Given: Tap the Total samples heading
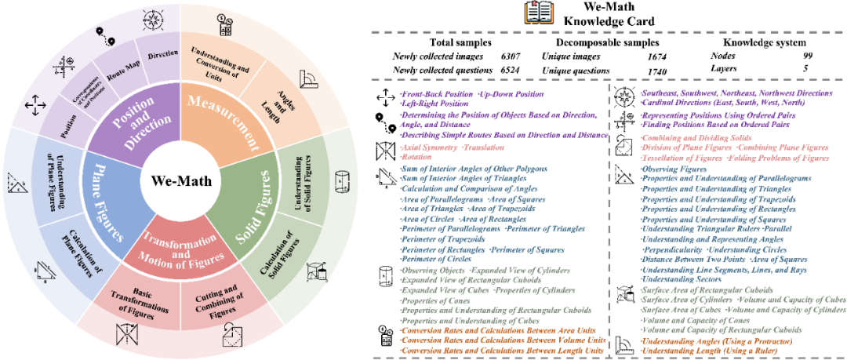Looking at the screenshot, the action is coord(461,42).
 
